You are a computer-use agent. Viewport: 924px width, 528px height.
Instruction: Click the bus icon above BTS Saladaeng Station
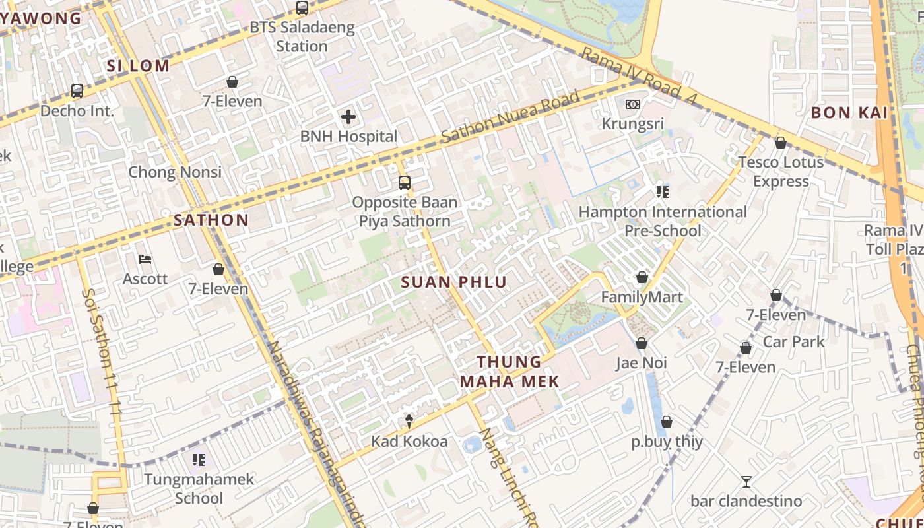coord(302,8)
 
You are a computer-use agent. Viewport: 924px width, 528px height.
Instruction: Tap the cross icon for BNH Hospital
coord(348,117)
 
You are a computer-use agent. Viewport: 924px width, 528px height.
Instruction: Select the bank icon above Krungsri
coord(632,104)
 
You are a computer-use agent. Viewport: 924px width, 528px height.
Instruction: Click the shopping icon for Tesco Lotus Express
coord(780,143)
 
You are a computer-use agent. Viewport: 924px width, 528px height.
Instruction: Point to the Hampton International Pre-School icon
coord(662,192)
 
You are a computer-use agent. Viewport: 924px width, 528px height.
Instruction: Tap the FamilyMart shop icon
coord(642,277)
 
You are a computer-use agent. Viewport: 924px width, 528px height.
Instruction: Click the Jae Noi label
coord(641,362)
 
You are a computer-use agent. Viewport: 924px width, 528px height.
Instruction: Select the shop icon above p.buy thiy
coord(667,422)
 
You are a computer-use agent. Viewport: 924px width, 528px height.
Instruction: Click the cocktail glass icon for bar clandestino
coord(746,481)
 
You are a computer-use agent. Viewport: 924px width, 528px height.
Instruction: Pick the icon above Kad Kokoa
coord(409,421)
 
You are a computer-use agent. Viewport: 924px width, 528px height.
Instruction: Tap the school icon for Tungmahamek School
coord(199,459)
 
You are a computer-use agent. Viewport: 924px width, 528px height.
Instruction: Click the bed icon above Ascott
coord(145,259)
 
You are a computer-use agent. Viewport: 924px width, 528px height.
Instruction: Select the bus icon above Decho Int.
coord(77,91)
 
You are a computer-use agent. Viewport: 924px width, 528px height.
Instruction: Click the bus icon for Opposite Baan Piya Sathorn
coord(404,183)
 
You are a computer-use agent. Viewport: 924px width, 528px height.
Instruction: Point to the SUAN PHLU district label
coord(454,282)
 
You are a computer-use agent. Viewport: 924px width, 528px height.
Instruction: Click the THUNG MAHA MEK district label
coord(509,372)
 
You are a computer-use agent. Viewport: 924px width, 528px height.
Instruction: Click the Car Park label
coord(794,341)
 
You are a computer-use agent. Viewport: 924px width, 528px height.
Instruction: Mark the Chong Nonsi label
coord(175,172)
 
